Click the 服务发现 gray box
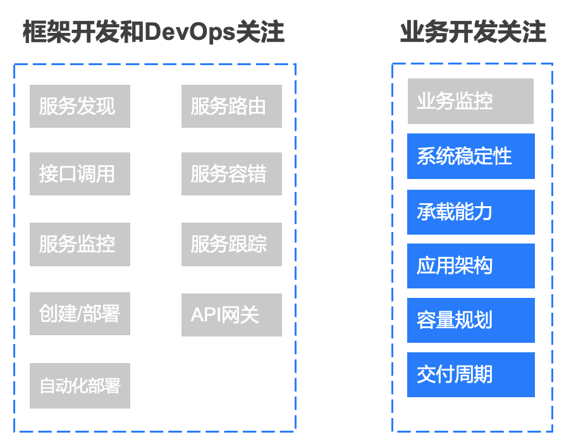coord(80,106)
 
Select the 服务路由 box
coord(231,106)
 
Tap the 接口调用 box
coord(80,174)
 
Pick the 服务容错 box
coord(231,174)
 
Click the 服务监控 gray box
coord(80,244)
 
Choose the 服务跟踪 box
coord(231,244)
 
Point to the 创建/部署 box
coord(80,314)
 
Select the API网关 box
coord(231,315)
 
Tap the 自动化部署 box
coord(80,386)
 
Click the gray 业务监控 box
coord(470,101)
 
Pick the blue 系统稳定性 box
coord(471,156)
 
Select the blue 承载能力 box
coord(471,212)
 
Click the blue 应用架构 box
coord(471,266)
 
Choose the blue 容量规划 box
coord(471,320)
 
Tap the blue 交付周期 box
coord(471,374)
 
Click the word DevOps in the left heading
coord(190,32)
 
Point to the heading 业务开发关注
coord(473,32)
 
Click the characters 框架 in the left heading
coord(47,32)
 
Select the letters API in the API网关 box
coord(205,315)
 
